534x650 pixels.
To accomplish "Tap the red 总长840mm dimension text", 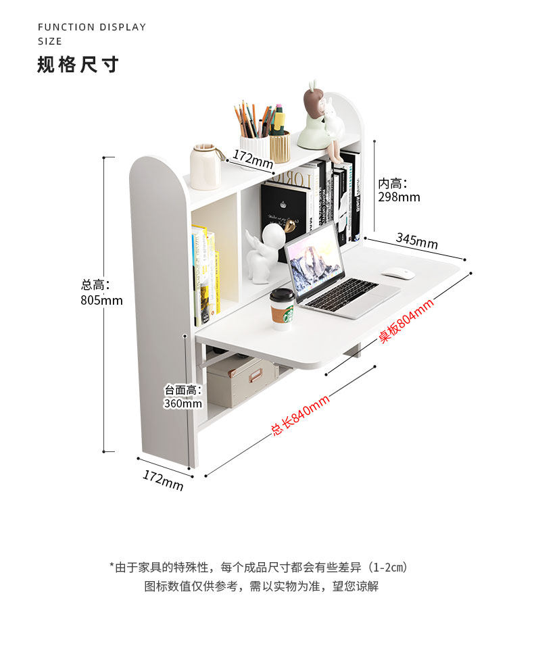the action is click(300, 415).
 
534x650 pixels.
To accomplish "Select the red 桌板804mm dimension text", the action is click(406, 320).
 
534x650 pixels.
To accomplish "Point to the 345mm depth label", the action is click(416, 241).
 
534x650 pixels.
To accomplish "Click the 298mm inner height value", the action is click(399, 197).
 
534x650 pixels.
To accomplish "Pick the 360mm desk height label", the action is click(183, 403).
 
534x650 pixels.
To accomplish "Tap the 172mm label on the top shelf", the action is click(253, 159).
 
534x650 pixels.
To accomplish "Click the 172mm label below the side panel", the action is click(163, 480).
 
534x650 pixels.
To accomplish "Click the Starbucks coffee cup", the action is click(283, 309).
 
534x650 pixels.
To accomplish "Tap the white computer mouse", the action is click(398, 274).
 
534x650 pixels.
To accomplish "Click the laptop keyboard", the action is click(341, 293).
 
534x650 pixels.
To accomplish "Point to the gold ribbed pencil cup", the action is click(280, 147).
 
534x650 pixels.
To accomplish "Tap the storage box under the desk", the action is click(241, 381).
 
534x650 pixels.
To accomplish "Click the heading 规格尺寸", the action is click(78, 65).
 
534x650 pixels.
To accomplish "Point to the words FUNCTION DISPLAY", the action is click(92, 27).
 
